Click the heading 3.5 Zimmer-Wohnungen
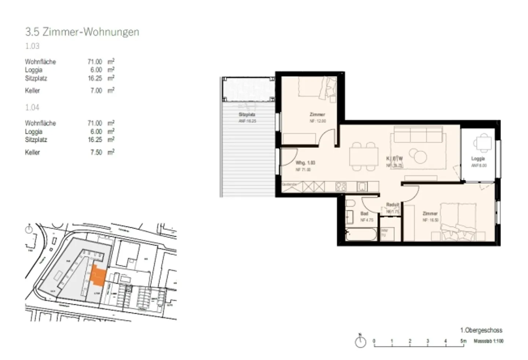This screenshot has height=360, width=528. click(82, 32)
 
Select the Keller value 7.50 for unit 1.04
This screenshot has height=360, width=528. click(96, 152)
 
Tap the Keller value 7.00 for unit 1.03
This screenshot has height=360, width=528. click(96, 91)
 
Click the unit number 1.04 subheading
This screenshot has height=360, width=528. click(32, 108)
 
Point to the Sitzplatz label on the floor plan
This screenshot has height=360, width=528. click(247, 114)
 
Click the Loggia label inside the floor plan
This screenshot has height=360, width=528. click(478, 159)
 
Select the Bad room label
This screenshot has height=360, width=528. click(364, 213)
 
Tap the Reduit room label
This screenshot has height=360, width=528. click(392, 205)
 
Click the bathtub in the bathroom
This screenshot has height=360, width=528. click(362, 234)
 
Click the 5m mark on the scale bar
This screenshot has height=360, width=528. click(463, 341)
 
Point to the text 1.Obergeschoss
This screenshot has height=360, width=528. click(481, 330)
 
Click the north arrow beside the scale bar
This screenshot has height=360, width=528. click(360, 341)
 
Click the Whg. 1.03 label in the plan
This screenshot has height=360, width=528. click(305, 163)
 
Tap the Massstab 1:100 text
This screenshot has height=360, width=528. click(488, 341)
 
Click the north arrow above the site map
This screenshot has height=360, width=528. click(29, 230)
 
